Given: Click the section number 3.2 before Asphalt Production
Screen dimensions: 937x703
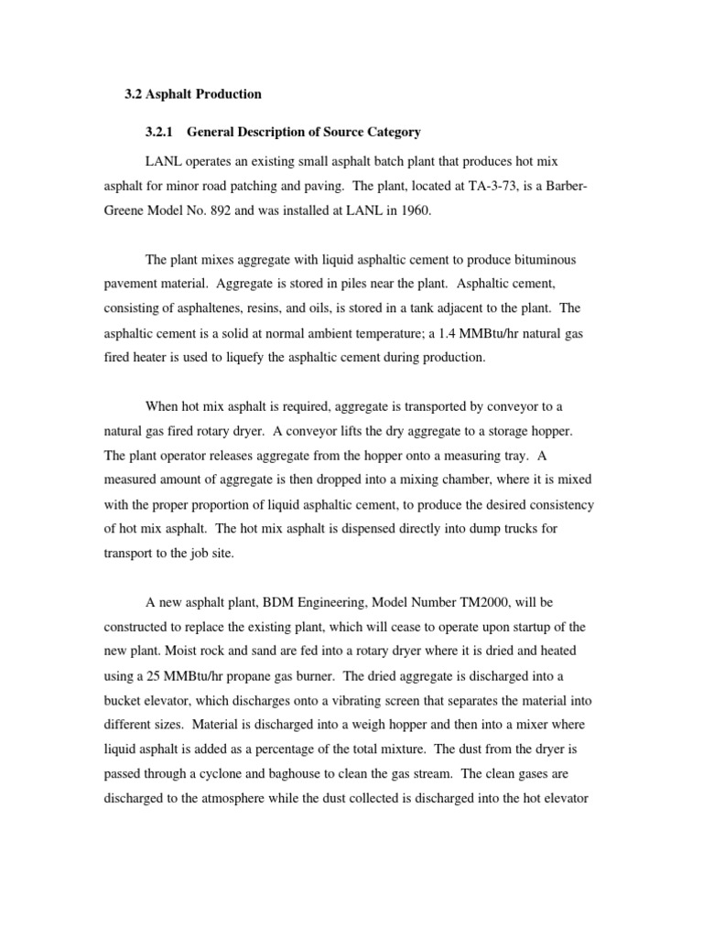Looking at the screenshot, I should (134, 94).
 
